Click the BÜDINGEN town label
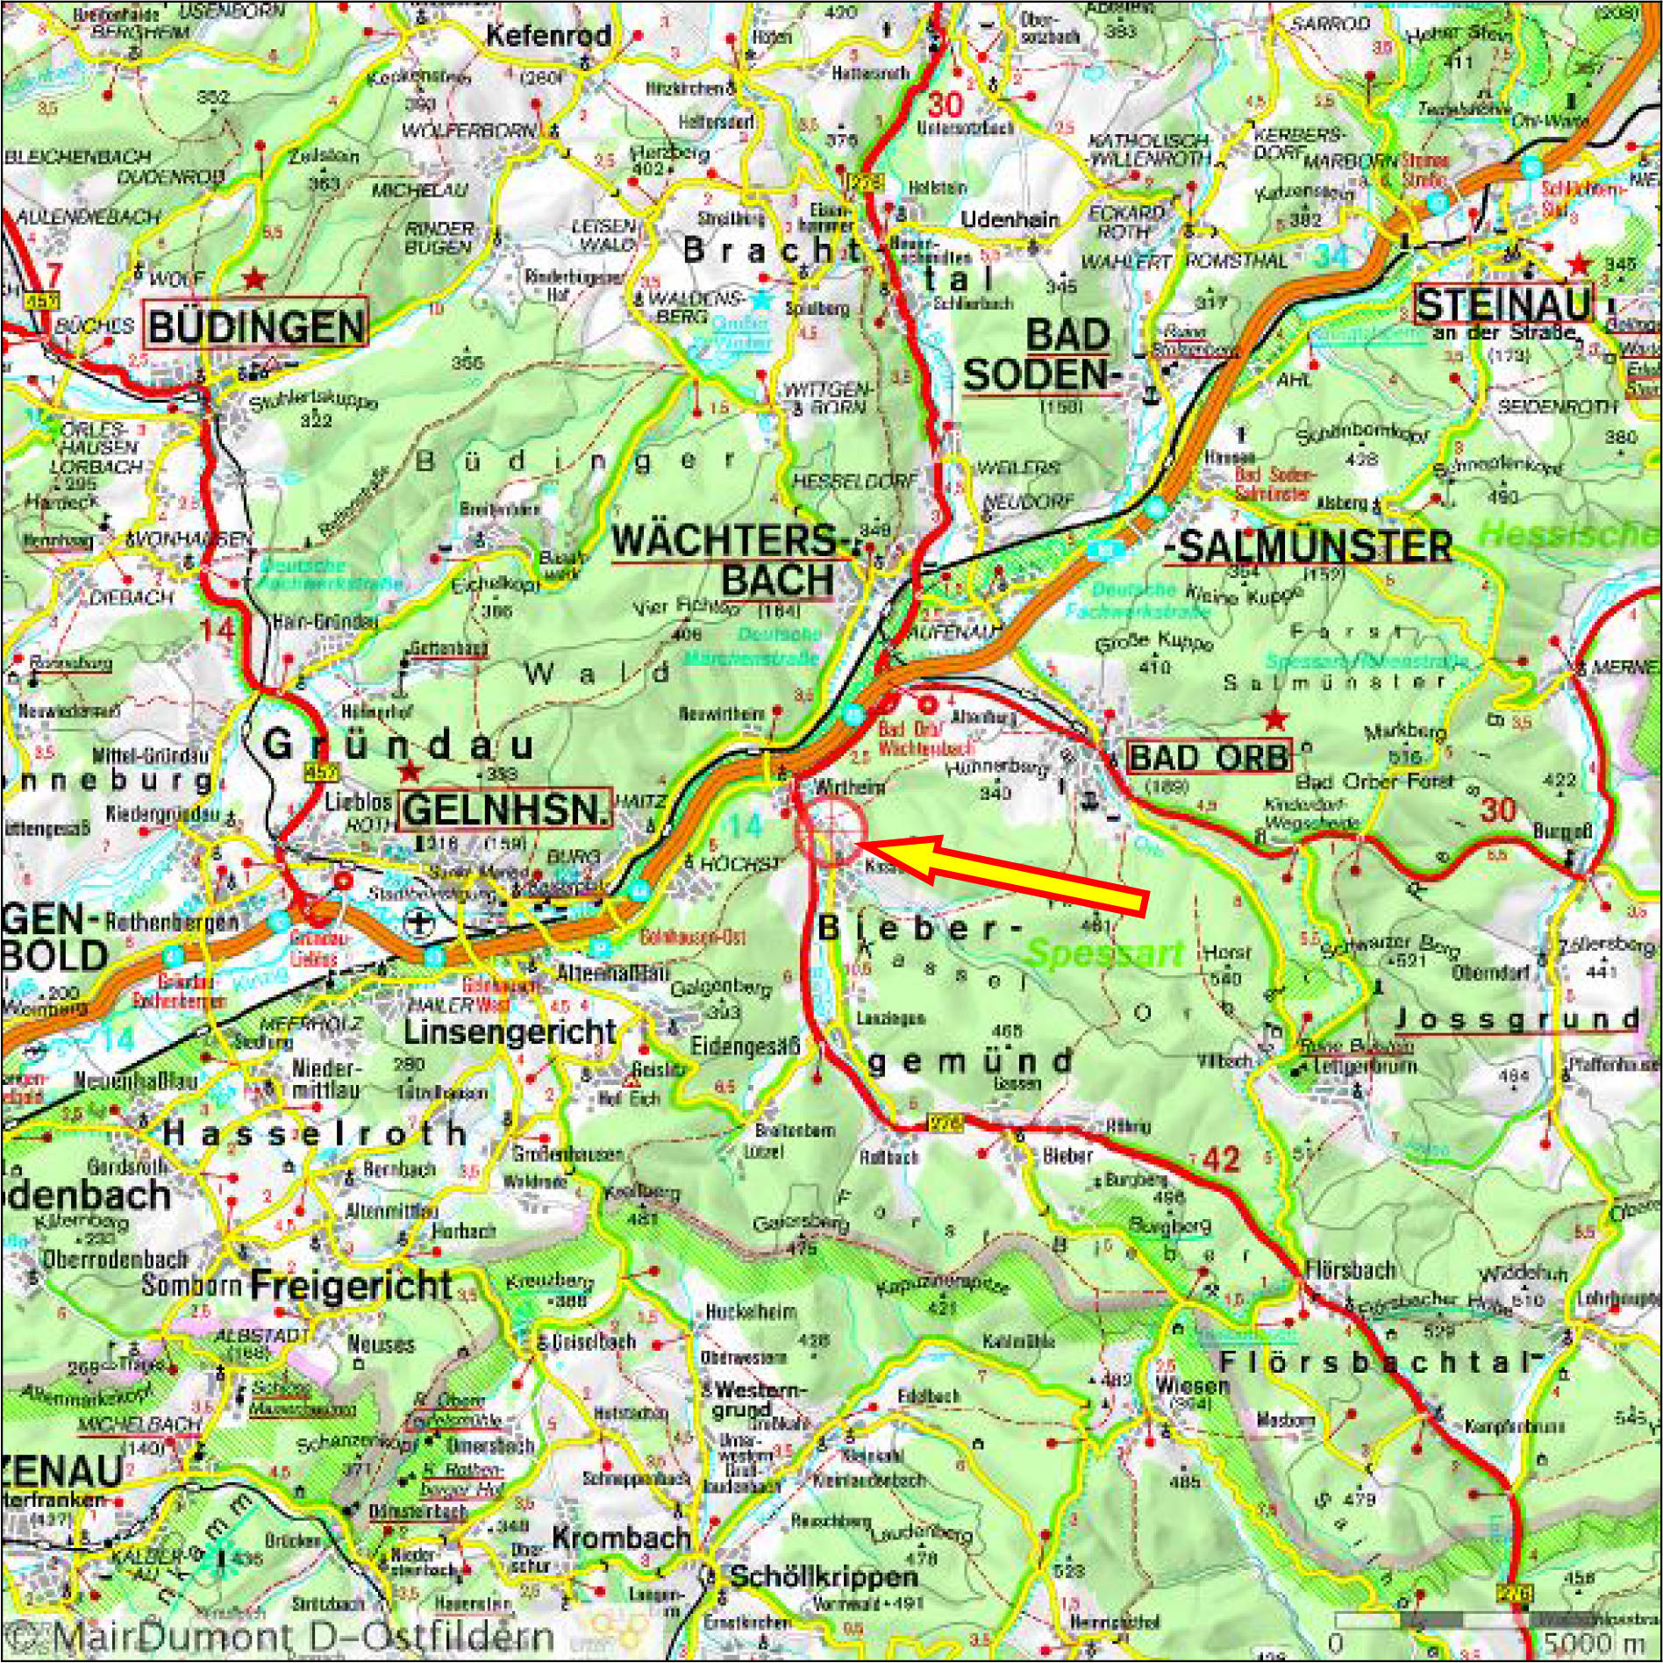pos(257,326)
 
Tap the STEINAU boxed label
pos(1503,305)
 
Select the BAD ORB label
pos(1210,756)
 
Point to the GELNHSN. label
pos(506,810)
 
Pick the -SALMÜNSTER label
pos(1309,547)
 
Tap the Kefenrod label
pos(548,36)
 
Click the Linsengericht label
pos(510,1031)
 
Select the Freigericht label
pos(351,1286)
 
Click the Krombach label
pos(621,1538)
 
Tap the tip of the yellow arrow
pos(857,844)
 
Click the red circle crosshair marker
pos(831,831)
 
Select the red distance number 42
pos(1222,1160)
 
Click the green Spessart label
pos(1105,953)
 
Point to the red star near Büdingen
pos(254,279)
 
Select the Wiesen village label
pos(1192,1386)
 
